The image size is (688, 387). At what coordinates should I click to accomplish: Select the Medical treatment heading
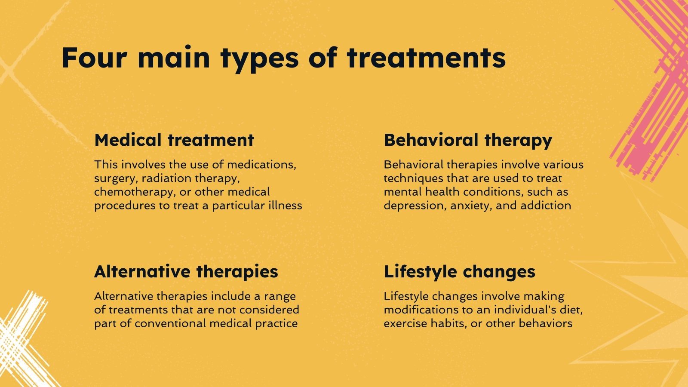174,140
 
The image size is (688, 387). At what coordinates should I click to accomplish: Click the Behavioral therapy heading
468,140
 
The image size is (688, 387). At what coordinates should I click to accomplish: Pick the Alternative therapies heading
186,272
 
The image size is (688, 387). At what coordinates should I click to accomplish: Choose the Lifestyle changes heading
459,272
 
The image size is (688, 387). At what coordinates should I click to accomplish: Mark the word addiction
546,206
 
